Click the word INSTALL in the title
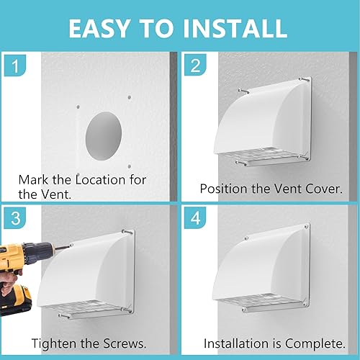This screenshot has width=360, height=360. point(235,28)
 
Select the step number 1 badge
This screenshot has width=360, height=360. point(15,66)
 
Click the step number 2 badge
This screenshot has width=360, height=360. point(195,65)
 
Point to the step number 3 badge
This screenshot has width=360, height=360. point(15,217)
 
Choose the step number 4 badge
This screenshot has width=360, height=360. point(195,217)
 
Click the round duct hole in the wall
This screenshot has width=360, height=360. point(104,136)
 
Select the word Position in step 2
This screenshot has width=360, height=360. point(224,189)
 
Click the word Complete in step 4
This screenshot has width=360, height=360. point(315,343)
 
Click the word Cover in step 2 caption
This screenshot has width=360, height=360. point(324,189)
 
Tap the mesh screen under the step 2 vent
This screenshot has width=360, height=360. point(261,156)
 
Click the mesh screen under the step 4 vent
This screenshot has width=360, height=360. point(261,301)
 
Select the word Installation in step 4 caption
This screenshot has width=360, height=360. point(236,343)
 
